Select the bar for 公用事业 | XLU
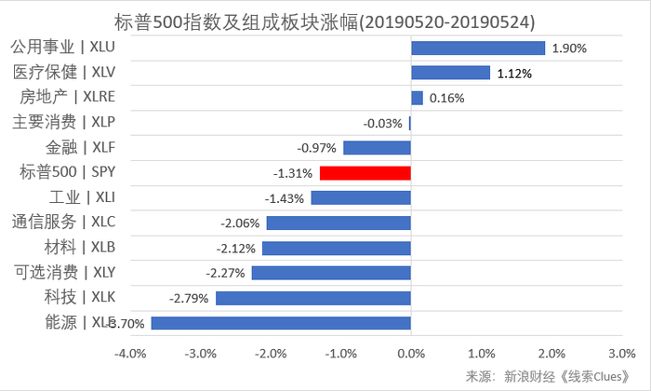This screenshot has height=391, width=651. (x=477, y=47)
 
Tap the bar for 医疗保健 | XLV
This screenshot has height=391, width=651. (x=450, y=73)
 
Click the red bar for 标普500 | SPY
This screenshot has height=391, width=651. (x=365, y=172)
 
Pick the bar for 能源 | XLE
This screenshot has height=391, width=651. (x=281, y=322)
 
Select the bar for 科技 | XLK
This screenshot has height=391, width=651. (x=312, y=298)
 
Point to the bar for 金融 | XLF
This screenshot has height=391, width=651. (x=377, y=147)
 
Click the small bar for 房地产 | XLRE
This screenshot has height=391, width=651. (x=417, y=98)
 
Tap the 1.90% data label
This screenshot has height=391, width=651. (x=569, y=48)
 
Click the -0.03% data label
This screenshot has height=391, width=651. (x=382, y=123)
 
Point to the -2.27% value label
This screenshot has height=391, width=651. (x=226, y=273)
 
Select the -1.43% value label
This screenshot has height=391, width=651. (x=285, y=198)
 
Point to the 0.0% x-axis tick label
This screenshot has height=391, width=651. (x=410, y=354)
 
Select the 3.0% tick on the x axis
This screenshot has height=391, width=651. (x=620, y=354)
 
